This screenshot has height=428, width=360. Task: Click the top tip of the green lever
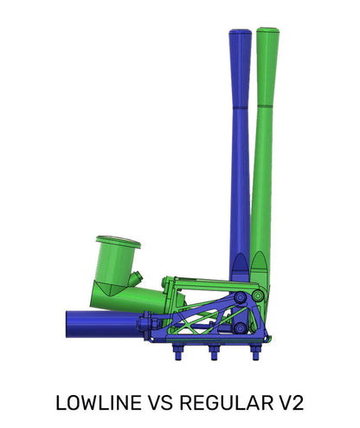point(267,31)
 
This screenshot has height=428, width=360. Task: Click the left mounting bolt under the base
point(179,353)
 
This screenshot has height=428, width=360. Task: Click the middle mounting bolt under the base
point(214,353)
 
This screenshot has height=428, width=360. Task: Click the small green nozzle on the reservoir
point(138,279)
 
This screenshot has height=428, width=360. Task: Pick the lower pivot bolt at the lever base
point(240,329)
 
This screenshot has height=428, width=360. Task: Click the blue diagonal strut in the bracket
point(203,317)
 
